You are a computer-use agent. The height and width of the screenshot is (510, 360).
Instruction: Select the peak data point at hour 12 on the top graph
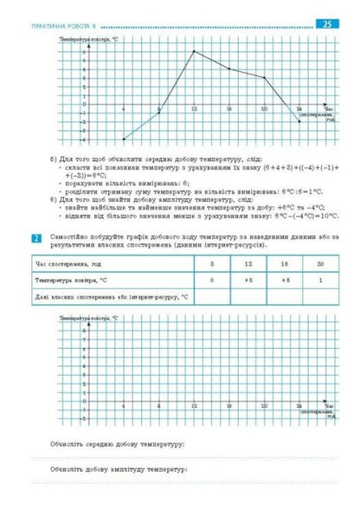(193, 51)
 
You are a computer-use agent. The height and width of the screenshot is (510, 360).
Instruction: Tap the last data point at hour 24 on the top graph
(299, 121)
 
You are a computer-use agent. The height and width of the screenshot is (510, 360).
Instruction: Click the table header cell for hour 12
(247, 264)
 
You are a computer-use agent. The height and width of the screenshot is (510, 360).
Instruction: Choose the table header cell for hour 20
(319, 264)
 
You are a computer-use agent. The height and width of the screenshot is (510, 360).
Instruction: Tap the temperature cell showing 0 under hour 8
(212, 281)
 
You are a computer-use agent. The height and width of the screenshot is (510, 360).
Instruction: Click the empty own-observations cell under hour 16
(284, 297)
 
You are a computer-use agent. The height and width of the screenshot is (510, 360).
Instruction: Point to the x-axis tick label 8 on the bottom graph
(158, 405)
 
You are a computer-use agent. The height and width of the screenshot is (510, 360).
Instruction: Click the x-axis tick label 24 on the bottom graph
(299, 405)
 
